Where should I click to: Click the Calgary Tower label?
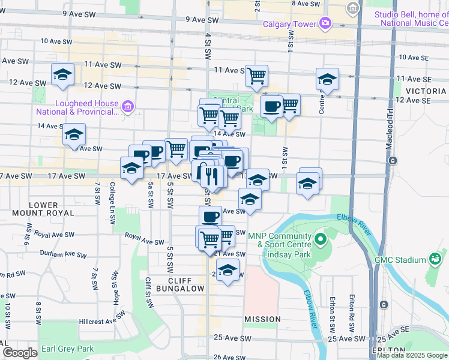pyautogui.click(x=290, y=24)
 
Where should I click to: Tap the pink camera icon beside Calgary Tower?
pyautogui.click(x=325, y=23)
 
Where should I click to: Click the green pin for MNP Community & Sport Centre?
pyautogui.click(x=320, y=241)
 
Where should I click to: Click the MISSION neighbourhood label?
pyautogui.click(x=262, y=319)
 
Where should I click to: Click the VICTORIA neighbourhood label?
pyautogui.click(x=426, y=91)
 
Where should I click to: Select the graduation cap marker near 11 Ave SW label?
pyautogui.click(x=62, y=74)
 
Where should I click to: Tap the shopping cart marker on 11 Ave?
pyautogui.click(x=257, y=76)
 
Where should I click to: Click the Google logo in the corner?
pyautogui.click(x=19, y=353)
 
